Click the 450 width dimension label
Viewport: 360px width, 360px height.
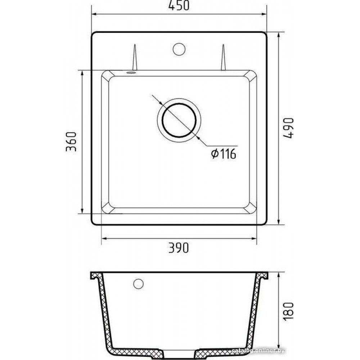pyautogui.click(x=179, y=5)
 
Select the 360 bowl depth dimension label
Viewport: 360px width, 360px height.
pyautogui.click(x=71, y=141)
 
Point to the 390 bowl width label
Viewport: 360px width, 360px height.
pyautogui.click(x=179, y=248)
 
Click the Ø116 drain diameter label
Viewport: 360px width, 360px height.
pyautogui.click(x=224, y=154)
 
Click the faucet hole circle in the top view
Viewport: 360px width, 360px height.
pyautogui.click(x=179, y=49)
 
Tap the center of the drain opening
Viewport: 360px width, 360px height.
pyautogui.click(x=179, y=120)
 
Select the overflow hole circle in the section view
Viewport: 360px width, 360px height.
pyautogui.click(x=139, y=284)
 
